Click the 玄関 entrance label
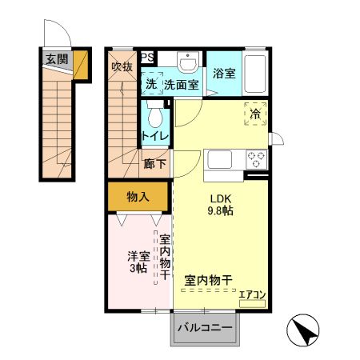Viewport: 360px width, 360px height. (57, 58)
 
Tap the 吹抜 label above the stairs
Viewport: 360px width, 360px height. (122, 66)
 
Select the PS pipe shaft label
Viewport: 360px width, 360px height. (148, 57)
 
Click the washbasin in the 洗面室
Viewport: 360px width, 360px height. (187, 64)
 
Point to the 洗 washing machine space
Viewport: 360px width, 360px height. (151, 84)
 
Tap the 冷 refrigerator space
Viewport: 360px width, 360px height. (255, 114)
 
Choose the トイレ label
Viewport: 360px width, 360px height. (155, 136)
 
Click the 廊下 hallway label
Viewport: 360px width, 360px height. (154, 164)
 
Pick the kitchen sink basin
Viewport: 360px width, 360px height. (220, 159)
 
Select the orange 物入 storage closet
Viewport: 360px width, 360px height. (138, 195)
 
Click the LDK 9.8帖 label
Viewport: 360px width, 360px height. (221, 206)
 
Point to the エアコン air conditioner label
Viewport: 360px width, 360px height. (252, 295)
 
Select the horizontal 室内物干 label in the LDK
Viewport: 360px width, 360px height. (208, 280)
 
